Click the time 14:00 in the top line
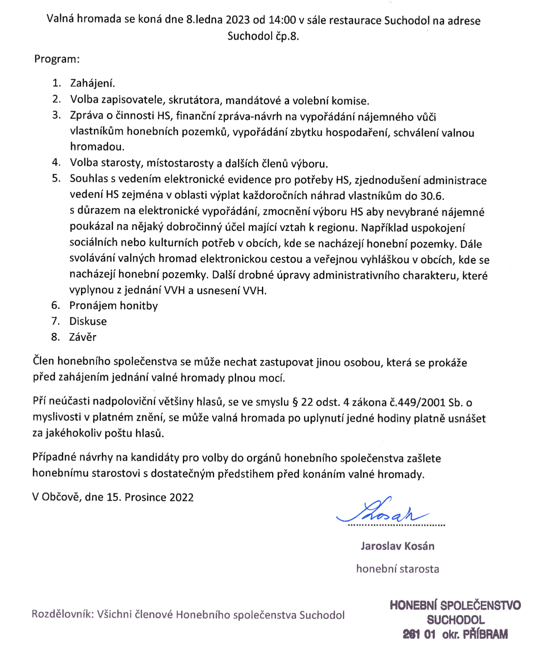tap(282, 20)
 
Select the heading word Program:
tap(57, 59)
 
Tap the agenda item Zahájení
tap(92, 84)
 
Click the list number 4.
tap(56, 163)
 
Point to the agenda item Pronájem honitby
tap(114, 306)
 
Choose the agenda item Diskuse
tap(88, 321)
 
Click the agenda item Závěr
tap(83, 337)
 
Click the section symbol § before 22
tap(295, 403)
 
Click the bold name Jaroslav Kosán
tap(398, 546)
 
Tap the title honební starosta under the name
tap(398, 569)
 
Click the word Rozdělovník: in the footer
tap(63, 614)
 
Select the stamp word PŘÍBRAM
tap(485, 634)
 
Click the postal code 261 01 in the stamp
tap(419, 634)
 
